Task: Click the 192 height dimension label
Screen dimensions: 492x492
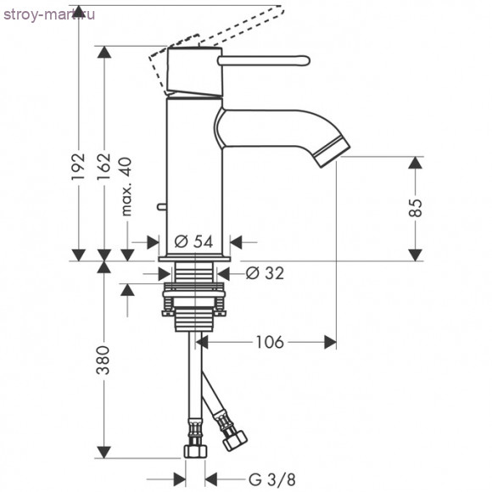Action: (x=78, y=166)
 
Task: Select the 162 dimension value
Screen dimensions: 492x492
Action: (x=103, y=166)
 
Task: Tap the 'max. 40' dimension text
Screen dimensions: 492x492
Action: (x=126, y=187)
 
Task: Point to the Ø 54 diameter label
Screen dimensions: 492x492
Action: (x=193, y=242)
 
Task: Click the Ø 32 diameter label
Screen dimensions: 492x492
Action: (x=265, y=273)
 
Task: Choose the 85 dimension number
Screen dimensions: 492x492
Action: (x=416, y=208)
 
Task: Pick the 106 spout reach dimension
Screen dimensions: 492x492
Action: (x=270, y=342)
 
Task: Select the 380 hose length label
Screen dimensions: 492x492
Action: (x=103, y=361)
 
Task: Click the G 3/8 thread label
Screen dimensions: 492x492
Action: (x=272, y=479)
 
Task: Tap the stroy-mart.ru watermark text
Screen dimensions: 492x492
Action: (x=49, y=14)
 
